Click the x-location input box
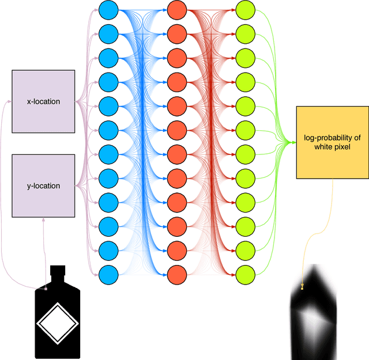pos(43,101)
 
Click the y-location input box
pos(43,185)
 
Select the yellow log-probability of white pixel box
pos(332,142)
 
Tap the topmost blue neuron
pos(108,9)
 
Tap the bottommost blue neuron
pos(108,274)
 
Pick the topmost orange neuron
pos(176,9)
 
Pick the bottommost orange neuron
pos(176,274)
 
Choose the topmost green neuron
pos(245,9)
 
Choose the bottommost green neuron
pos(245,274)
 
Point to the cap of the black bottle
pos(57,271)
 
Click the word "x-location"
pos(43,101)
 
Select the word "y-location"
pos(43,186)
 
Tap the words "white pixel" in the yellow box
pos(332,147)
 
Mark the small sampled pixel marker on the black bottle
pos(46,288)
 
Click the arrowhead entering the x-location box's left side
pos(10,101)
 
